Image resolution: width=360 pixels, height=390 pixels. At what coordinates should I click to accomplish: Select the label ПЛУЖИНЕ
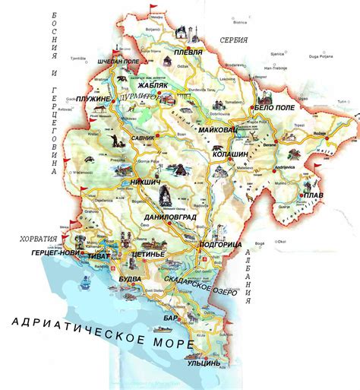93,100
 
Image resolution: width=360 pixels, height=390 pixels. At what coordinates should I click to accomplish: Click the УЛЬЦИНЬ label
204,363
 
